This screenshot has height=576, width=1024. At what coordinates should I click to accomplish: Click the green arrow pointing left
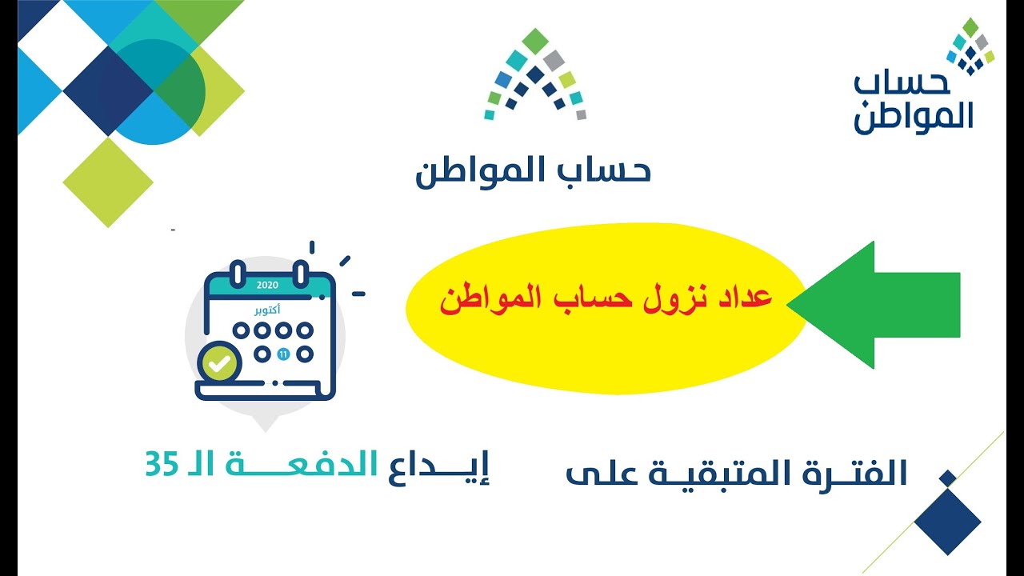click(x=873, y=305)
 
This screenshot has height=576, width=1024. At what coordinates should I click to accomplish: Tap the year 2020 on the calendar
click(x=267, y=286)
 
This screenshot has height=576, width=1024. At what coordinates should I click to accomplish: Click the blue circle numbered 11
click(x=283, y=354)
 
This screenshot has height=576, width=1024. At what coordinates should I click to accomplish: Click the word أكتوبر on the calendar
click(x=267, y=310)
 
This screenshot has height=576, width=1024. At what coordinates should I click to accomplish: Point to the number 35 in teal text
click(x=162, y=466)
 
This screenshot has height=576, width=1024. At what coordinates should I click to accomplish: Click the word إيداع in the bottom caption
click(x=439, y=468)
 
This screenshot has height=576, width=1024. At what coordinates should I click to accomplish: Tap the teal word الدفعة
click(x=302, y=465)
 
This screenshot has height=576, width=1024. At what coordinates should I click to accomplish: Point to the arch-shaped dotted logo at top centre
click(x=535, y=74)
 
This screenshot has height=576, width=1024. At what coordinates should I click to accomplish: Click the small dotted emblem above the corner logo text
click(x=970, y=46)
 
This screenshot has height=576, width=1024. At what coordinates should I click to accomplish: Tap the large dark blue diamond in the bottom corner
click(x=948, y=522)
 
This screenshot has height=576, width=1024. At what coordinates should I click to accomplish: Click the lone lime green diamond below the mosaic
click(x=108, y=182)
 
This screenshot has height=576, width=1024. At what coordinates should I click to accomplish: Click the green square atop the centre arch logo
click(x=535, y=41)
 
